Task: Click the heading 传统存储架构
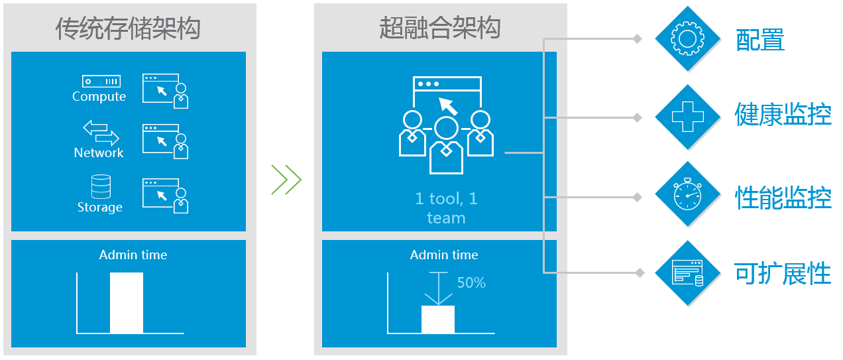click(x=128, y=29)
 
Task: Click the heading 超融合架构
click(x=439, y=29)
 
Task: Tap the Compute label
click(x=99, y=97)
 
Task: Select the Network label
click(x=99, y=153)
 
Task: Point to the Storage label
click(x=100, y=208)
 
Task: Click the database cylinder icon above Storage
click(x=101, y=186)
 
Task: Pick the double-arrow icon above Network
click(x=101, y=133)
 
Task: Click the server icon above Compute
click(x=101, y=81)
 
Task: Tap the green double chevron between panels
click(x=286, y=180)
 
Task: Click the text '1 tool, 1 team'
click(x=446, y=208)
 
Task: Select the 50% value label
click(x=471, y=283)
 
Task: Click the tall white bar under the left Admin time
click(x=127, y=303)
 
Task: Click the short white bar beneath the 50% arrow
click(x=438, y=320)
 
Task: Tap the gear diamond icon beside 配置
click(x=687, y=38)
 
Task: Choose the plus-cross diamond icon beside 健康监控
click(x=687, y=117)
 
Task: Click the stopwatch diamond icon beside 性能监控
click(x=687, y=194)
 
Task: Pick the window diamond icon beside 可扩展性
click(x=687, y=272)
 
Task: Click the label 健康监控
click(x=783, y=115)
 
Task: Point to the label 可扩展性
click(x=783, y=273)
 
